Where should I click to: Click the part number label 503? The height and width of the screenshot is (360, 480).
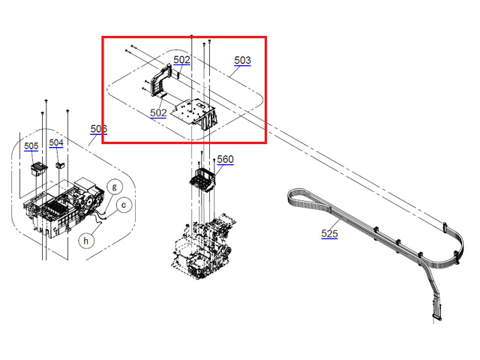(242, 60)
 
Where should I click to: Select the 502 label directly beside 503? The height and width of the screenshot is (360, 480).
(181, 60)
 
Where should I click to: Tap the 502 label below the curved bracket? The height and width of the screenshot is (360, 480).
(158, 113)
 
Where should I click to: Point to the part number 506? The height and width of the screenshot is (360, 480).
(99, 130)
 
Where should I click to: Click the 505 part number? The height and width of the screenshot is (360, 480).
(31, 146)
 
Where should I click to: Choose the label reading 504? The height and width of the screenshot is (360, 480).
(57, 142)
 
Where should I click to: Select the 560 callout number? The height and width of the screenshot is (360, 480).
(225, 160)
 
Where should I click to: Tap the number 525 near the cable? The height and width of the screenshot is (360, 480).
(329, 234)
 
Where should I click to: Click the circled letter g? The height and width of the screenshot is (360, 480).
(115, 186)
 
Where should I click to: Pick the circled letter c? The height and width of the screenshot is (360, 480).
(124, 202)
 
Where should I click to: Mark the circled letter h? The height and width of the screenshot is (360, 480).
(87, 240)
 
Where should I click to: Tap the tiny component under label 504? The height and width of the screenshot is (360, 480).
(61, 163)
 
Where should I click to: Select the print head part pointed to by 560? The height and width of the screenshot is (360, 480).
(202, 182)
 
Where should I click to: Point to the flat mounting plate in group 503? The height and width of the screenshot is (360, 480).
(194, 111)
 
